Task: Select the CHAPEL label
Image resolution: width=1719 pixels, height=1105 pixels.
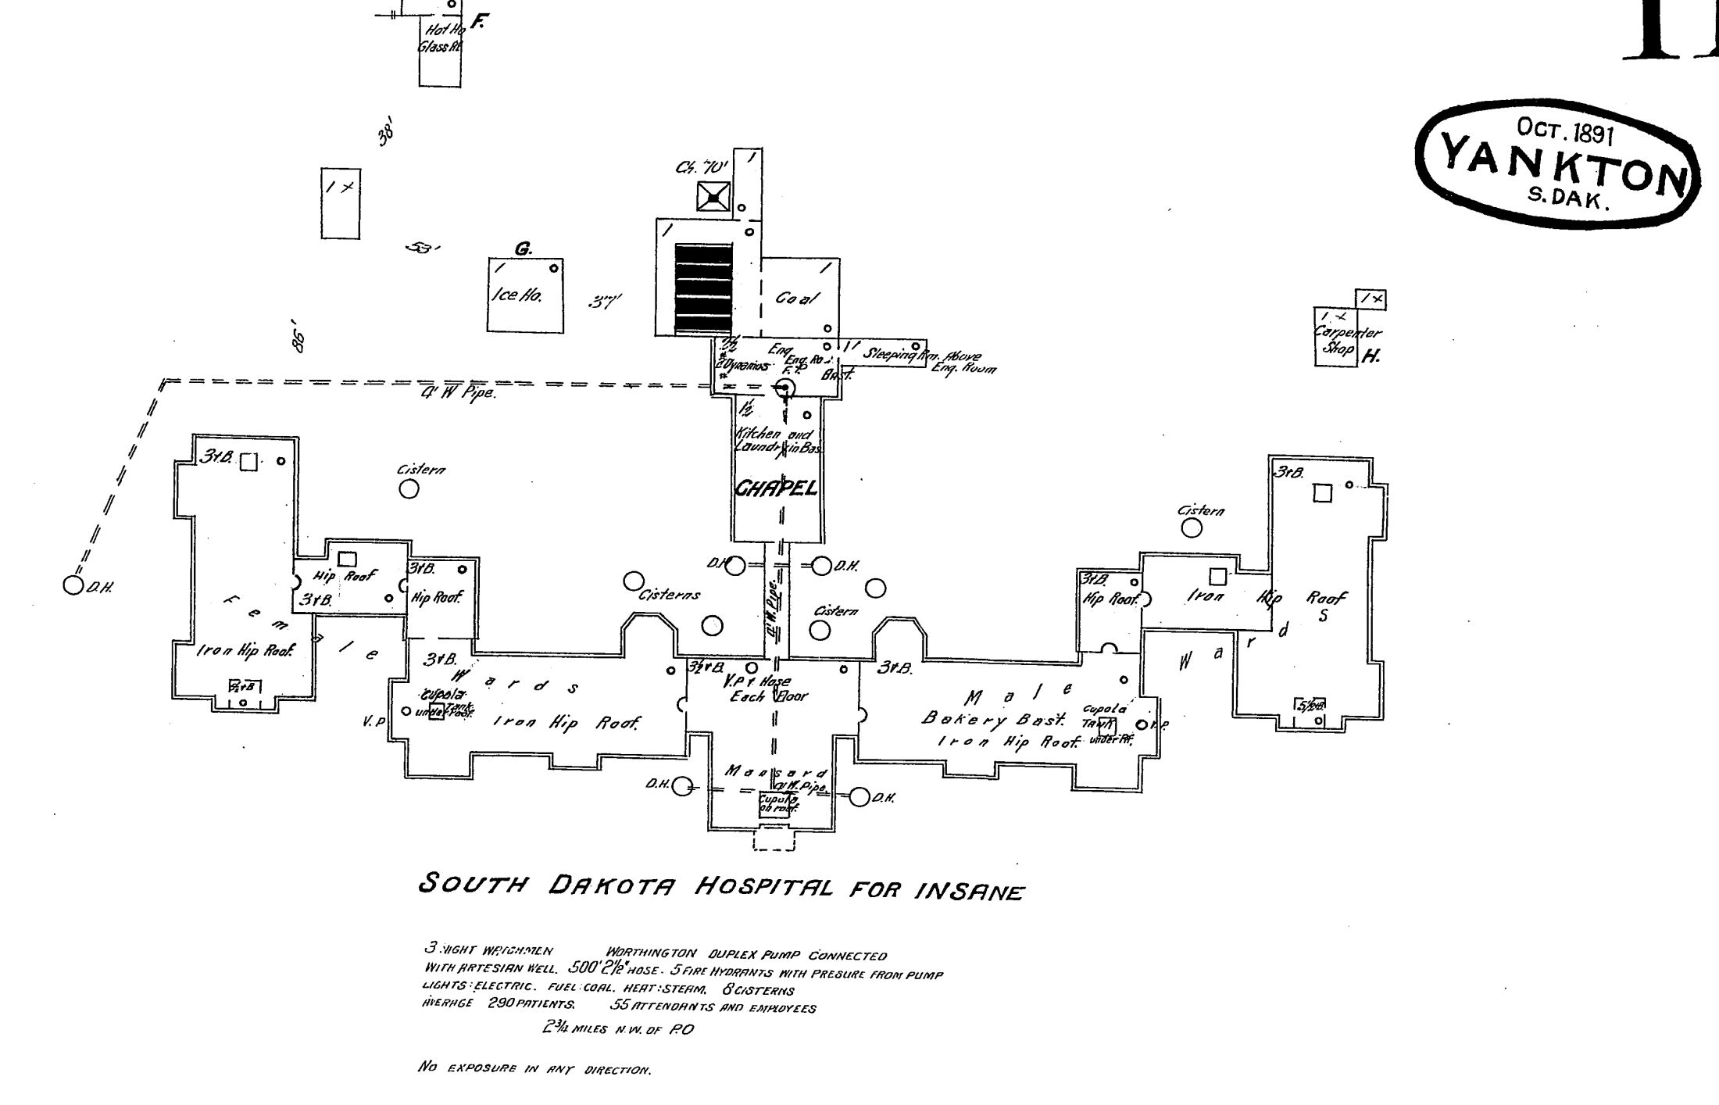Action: tap(776, 489)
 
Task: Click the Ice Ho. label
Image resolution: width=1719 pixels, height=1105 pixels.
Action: tap(517, 295)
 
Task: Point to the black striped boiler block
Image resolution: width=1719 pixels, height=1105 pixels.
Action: tap(704, 288)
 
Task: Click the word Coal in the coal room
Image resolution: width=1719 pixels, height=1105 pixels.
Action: tap(797, 299)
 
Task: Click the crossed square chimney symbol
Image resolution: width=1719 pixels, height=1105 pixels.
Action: tap(713, 196)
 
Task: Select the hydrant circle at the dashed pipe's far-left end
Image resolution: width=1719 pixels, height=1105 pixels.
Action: tap(73, 585)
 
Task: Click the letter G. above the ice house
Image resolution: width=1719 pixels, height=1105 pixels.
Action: tap(523, 249)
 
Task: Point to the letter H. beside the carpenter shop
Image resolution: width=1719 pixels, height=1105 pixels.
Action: tap(1371, 357)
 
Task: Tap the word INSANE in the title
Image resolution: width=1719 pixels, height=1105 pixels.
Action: tap(967, 891)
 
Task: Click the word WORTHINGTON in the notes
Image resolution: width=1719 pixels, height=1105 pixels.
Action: tap(650, 953)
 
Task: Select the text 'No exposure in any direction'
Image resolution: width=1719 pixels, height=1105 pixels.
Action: tap(534, 1068)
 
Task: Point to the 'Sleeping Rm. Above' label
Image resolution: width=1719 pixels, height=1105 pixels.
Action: tap(920, 355)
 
